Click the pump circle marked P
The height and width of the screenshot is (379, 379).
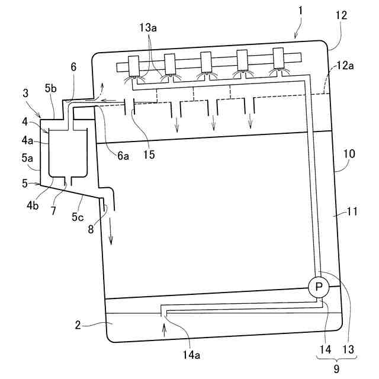point(319,287)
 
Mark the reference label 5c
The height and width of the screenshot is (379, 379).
point(78,217)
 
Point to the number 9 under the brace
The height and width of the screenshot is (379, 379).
point(336,368)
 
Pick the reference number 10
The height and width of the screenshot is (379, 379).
point(349,153)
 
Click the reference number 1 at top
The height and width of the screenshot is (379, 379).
point(301,11)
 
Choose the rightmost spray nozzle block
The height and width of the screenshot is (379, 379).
point(279,59)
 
